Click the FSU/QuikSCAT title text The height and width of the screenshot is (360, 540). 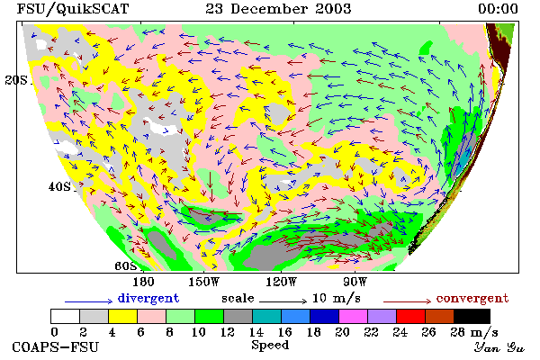(73, 9)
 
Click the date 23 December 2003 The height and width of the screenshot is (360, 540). (278, 9)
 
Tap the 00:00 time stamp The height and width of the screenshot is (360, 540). (498, 9)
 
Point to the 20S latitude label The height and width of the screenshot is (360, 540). (16, 80)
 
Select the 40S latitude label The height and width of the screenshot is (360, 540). (59, 186)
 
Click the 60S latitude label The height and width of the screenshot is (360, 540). (126, 266)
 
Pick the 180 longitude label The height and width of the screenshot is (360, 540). (143, 282)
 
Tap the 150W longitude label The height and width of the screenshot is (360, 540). (203, 282)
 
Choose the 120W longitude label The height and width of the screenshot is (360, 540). (281, 282)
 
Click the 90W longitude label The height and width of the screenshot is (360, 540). (355, 282)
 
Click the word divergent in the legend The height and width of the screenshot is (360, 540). (148, 298)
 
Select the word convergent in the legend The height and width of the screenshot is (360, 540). (472, 298)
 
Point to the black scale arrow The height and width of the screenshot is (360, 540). (283, 301)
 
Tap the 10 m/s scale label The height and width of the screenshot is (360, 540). (336, 298)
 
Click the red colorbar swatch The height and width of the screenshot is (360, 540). (410, 316)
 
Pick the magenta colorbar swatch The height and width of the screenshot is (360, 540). (353, 316)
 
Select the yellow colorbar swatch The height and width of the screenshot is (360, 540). (122, 316)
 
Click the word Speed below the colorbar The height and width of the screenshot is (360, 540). (270, 346)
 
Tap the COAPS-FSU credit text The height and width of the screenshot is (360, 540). (56, 346)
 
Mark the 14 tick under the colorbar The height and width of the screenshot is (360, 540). (256, 332)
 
